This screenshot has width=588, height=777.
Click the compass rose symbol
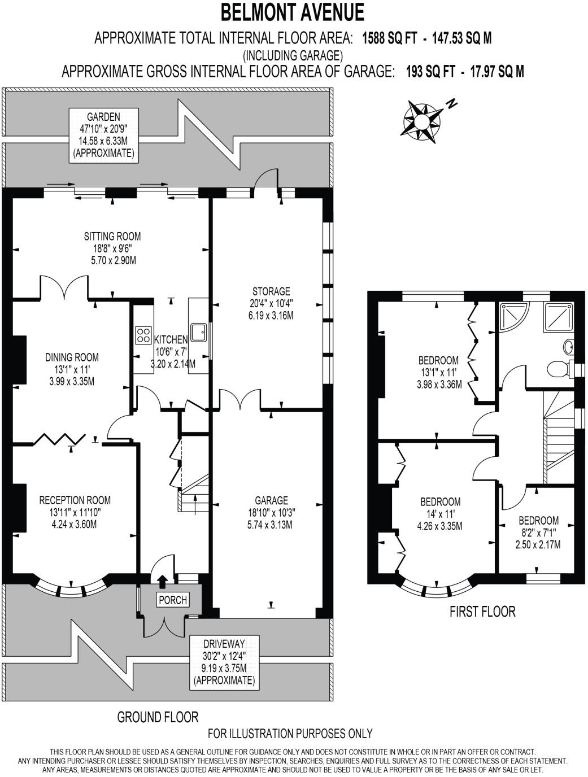[421, 119]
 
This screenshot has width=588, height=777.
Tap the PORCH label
[173, 600]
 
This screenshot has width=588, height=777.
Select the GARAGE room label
[271, 500]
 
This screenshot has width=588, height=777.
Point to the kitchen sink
[198, 332]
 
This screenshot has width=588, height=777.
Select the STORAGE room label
[271, 291]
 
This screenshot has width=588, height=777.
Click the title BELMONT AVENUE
[293, 12]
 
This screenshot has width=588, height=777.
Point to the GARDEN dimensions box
[103, 135]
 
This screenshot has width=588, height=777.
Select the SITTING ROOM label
[112, 236]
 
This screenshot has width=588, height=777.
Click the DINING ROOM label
[72, 357]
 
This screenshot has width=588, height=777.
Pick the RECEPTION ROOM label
[75, 500]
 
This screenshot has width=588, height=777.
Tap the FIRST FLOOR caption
[482, 611]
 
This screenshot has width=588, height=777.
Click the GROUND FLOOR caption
[158, 717]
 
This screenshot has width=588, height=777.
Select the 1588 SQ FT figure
[390, 38]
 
